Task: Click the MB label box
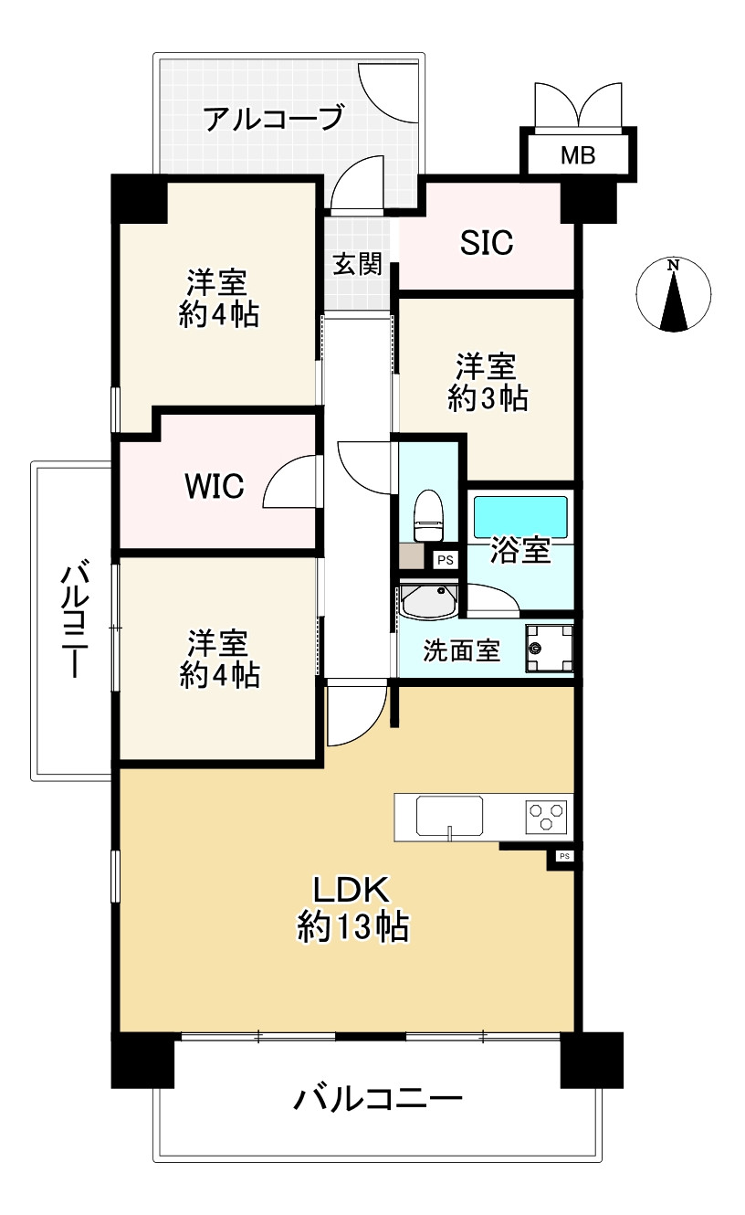577,155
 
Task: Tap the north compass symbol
674,294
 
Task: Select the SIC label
486,243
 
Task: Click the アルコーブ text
273,119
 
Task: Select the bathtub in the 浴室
520,516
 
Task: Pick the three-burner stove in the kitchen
546,815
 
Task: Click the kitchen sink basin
450,815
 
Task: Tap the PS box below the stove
563,856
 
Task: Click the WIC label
215,487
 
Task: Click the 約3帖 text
488,398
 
